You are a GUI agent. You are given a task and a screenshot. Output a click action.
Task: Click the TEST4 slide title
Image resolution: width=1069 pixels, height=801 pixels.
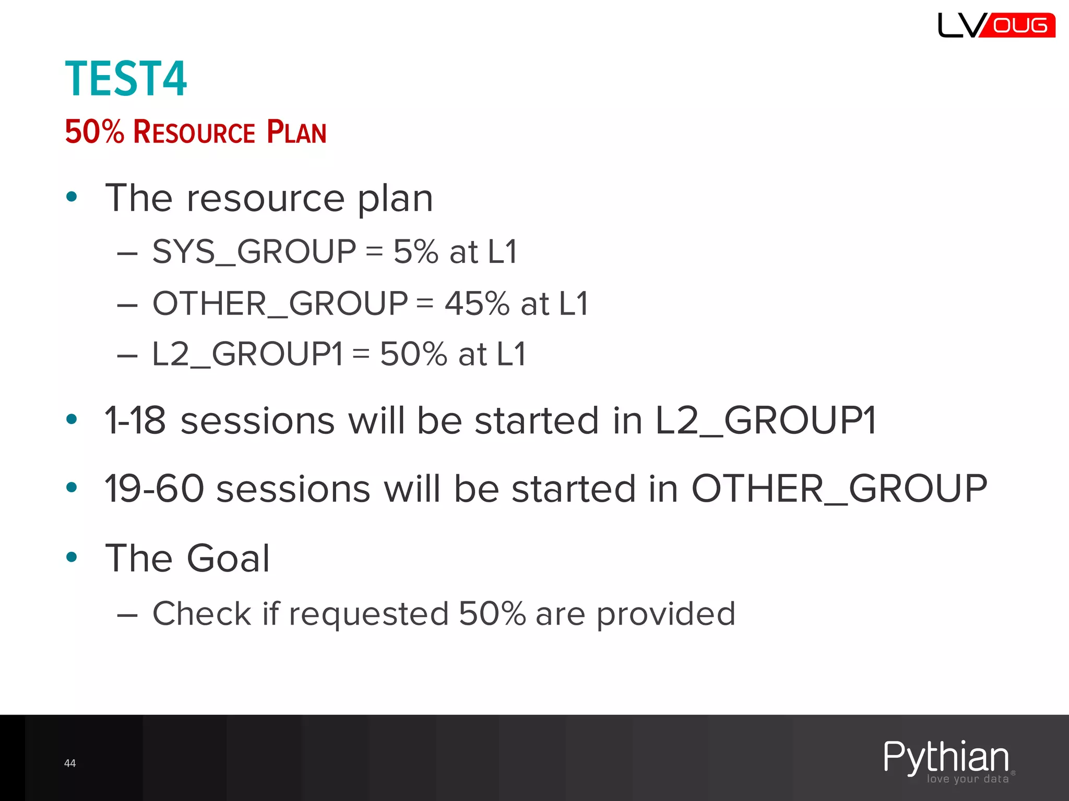[126, 79]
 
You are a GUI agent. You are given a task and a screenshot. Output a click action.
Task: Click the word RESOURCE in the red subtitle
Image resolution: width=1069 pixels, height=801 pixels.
[194, 132]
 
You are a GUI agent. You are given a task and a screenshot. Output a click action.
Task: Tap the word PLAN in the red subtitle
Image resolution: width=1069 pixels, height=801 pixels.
[296, 132]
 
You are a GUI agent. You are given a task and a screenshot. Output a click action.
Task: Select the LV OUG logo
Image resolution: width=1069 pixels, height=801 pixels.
[996, 25]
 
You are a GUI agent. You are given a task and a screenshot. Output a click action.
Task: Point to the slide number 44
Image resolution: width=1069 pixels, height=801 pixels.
[70, 763]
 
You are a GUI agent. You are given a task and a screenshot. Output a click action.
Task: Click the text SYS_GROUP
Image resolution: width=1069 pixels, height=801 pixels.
[254, 251]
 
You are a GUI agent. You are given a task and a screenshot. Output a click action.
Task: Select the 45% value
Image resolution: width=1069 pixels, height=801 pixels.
[477, 304]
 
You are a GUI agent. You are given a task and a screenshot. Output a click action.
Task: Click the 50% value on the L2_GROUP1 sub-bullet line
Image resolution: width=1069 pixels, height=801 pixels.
[413, 354]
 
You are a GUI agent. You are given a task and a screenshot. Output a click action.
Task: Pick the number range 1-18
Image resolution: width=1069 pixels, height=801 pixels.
[135, 420]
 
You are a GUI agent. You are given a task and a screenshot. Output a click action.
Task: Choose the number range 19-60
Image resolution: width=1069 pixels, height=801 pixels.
[154, 489]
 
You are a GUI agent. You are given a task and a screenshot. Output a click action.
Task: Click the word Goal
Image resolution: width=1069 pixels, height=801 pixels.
[229, 559]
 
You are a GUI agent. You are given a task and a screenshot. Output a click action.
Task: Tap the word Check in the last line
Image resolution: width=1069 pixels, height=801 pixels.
[201, 613]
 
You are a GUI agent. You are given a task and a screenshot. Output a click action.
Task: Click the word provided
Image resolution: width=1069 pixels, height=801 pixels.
[666, 614]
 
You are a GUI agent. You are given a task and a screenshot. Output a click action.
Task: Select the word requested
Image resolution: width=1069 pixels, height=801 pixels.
[369, 614]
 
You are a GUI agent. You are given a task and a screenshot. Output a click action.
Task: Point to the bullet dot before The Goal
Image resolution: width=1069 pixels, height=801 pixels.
[72, 557]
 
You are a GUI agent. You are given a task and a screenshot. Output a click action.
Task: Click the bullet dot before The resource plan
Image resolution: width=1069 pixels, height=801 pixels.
[72, 197]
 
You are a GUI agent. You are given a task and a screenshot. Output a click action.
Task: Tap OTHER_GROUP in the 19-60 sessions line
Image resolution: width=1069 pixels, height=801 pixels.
[839, 489]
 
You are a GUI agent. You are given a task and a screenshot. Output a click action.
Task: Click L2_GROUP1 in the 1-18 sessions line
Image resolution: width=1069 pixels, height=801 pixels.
[765, 420]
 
